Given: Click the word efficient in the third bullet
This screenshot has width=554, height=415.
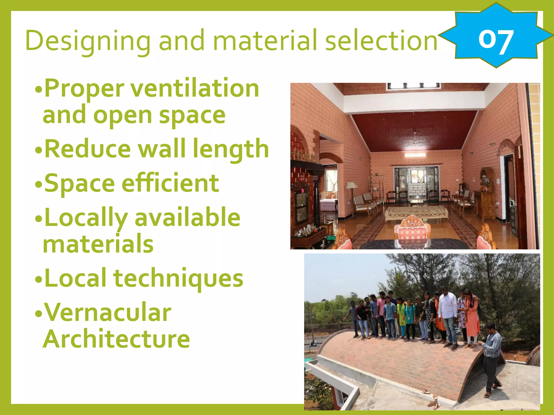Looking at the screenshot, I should pos(170,183).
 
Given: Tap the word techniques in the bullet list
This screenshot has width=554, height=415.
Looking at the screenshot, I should pos(179,278).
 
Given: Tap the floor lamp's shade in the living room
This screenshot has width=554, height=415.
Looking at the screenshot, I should pos(352,185).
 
